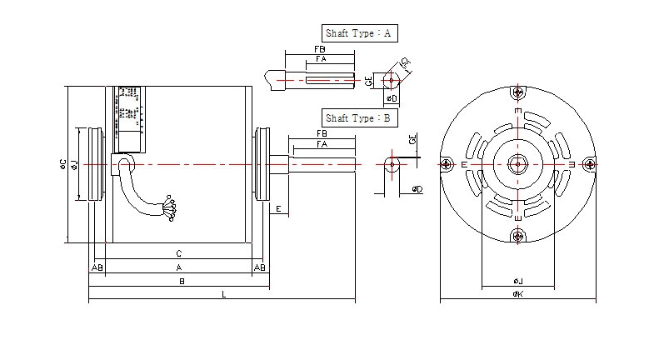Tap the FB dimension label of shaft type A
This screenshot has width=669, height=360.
point(320,50)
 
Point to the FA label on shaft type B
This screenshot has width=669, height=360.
point(322,144)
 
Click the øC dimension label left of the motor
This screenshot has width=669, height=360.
point(63,164)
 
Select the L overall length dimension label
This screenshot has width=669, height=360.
point(223,294)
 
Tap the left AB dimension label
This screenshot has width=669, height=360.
point(97,267)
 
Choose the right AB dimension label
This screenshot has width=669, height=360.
point(260,267)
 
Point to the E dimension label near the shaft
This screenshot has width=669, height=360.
point(278,207)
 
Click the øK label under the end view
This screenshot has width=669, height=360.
point(517,294)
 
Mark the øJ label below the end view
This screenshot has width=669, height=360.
point(517,281)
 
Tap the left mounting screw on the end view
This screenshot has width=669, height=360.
point(447,164)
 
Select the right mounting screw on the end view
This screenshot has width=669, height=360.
point(590,164)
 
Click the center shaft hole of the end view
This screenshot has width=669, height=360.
point(518,164)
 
